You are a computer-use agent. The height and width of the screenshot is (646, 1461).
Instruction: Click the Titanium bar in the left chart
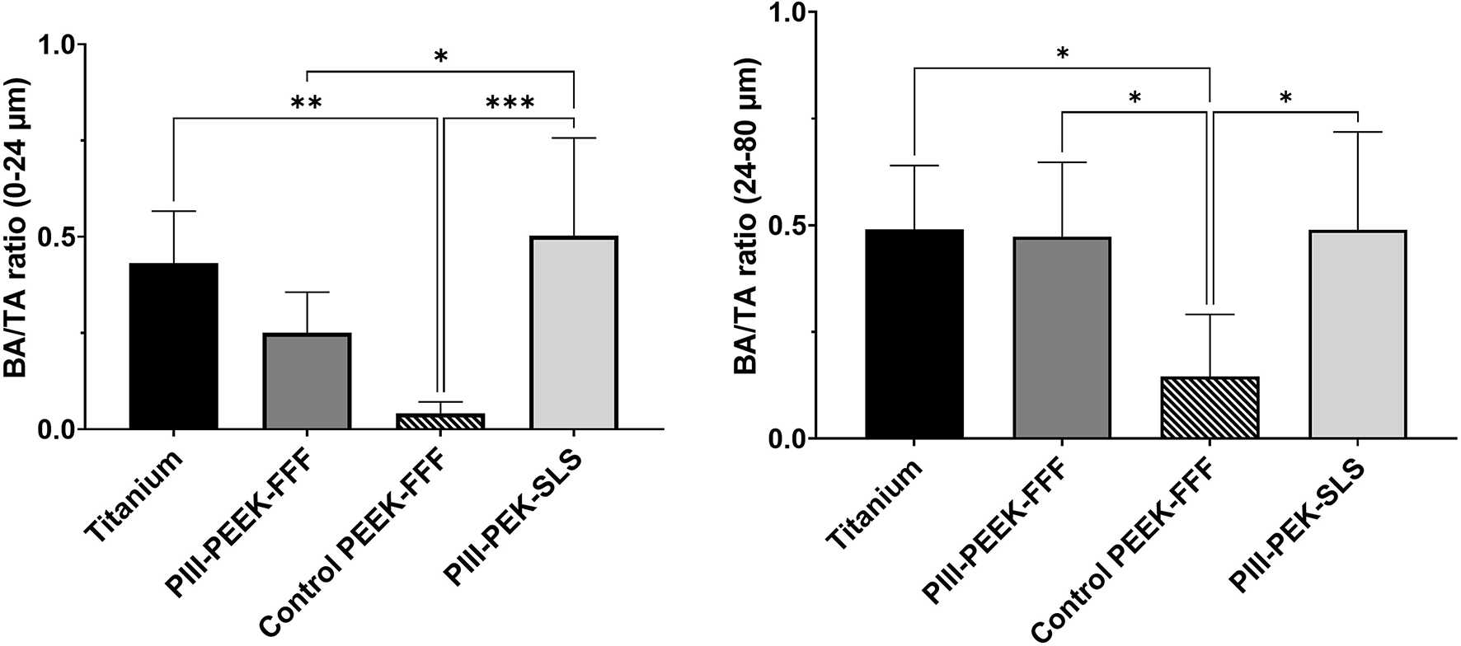173,346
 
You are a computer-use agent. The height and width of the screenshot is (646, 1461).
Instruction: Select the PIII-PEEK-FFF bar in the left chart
307,381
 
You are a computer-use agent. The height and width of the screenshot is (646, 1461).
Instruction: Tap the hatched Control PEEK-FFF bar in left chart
440,421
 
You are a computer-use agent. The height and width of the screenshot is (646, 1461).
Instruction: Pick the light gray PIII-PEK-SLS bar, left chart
574,333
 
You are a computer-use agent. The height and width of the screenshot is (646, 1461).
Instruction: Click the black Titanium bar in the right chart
914,334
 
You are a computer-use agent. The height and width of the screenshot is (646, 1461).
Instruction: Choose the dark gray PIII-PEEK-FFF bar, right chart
1062,338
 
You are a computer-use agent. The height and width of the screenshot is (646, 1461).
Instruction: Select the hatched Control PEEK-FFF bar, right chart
1210,407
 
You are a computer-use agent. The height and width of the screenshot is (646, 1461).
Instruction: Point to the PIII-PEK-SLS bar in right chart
1357,334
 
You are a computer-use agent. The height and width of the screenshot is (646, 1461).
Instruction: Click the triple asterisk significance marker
510,104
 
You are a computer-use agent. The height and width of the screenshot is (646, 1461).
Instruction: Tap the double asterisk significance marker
306,104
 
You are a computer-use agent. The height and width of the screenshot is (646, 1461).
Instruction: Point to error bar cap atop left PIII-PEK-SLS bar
574,138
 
